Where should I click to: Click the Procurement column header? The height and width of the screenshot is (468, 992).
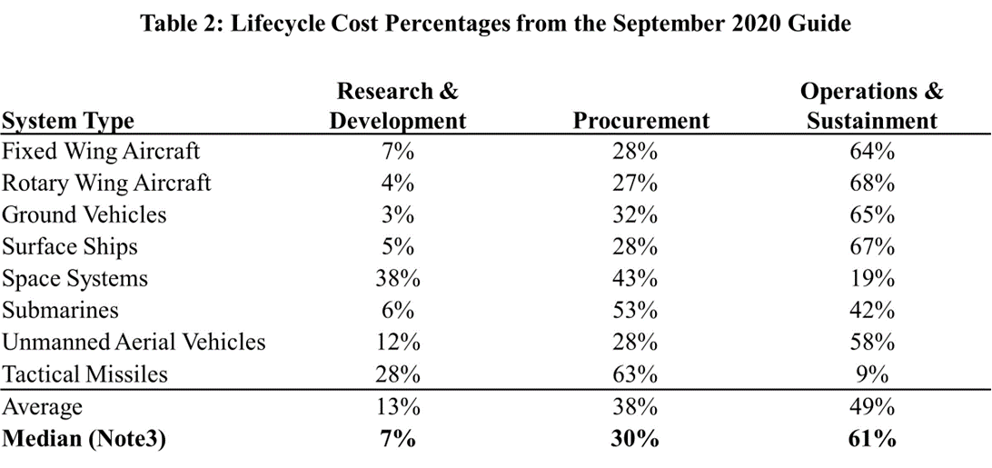(640, 121)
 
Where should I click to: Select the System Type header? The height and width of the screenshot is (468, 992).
(68, 121)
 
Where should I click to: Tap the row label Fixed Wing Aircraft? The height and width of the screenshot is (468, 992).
(101, 150)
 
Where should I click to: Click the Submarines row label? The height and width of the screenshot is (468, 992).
(60, 310)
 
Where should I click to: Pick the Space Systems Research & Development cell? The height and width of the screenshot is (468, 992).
(398, 278)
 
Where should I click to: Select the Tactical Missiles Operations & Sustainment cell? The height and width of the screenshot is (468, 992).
(871, 373)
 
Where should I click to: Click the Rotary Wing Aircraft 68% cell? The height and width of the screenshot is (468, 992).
(871, 183)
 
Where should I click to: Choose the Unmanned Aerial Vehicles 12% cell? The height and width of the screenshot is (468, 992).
(398, 342)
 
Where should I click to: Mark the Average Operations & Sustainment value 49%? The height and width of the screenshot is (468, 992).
(871, 406)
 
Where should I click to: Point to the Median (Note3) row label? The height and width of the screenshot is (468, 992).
(84, 439)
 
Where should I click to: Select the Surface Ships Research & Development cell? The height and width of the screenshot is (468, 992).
(398, 246)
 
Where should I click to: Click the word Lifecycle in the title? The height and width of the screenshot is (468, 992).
(283, 24)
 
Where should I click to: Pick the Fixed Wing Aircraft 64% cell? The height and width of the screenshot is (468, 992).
(871, 150)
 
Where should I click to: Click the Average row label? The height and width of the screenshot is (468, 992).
(42, 406)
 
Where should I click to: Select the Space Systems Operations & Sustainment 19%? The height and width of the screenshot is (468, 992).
(871, 278)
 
